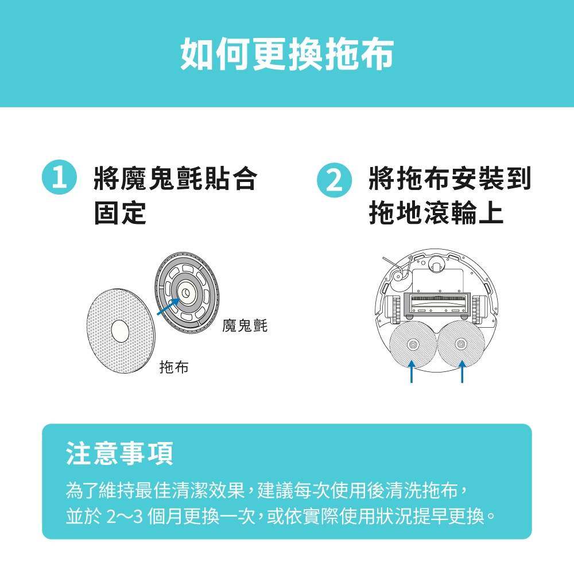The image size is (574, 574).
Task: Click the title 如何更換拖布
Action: pyautogui.click(x=287, y=54)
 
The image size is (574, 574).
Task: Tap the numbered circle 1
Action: pyautogui.click(x=59, y=177)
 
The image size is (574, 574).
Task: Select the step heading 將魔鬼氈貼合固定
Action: pyautogui.click(x=176, y=195)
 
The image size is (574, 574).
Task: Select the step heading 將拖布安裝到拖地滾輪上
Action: pyautogui.click(x=450, y=195)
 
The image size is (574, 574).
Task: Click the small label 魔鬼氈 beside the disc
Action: pyautogui.click(x=245, y=325)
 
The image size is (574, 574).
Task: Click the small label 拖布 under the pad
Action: pyautogui.click(x=174, y=367)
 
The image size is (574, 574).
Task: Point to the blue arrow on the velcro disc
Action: pyautogui.click(x=168, y=307)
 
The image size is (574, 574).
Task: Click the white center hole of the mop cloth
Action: pyautogui.click(x=120, y=331)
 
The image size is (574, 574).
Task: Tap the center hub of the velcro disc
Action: pyautogui.click(x=185, y=292)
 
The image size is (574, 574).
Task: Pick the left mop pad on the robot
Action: pyautogui.click(x=413, y=344)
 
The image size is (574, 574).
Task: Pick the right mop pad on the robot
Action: pyautogui.click(x=461, y=344)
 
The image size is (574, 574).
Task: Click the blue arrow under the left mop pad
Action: pyautogui.click(x=412, y=371)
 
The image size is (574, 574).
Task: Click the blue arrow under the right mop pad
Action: pyautogui.click(x=462, y=371)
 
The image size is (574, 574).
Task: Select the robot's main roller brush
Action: pyautogui.click(x=437, y=302)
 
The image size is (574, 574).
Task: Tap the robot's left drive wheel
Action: pyautogui.click(x=395, y=310)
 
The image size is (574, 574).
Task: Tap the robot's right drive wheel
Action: pyautogui.click(x=476, y=310)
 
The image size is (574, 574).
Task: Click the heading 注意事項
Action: pyautogui.click(x=120, y=453)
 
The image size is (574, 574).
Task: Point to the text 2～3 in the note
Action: pyautogui.click(x=124, y=517)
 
